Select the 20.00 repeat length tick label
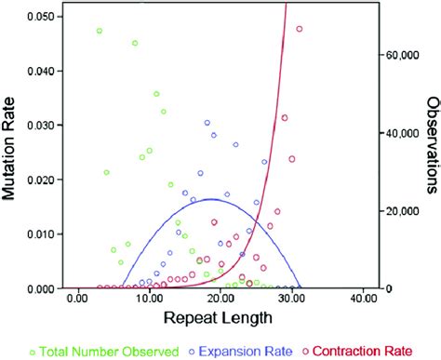coord(220,300)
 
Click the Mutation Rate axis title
coord(12,152)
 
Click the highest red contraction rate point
coord(300,29)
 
